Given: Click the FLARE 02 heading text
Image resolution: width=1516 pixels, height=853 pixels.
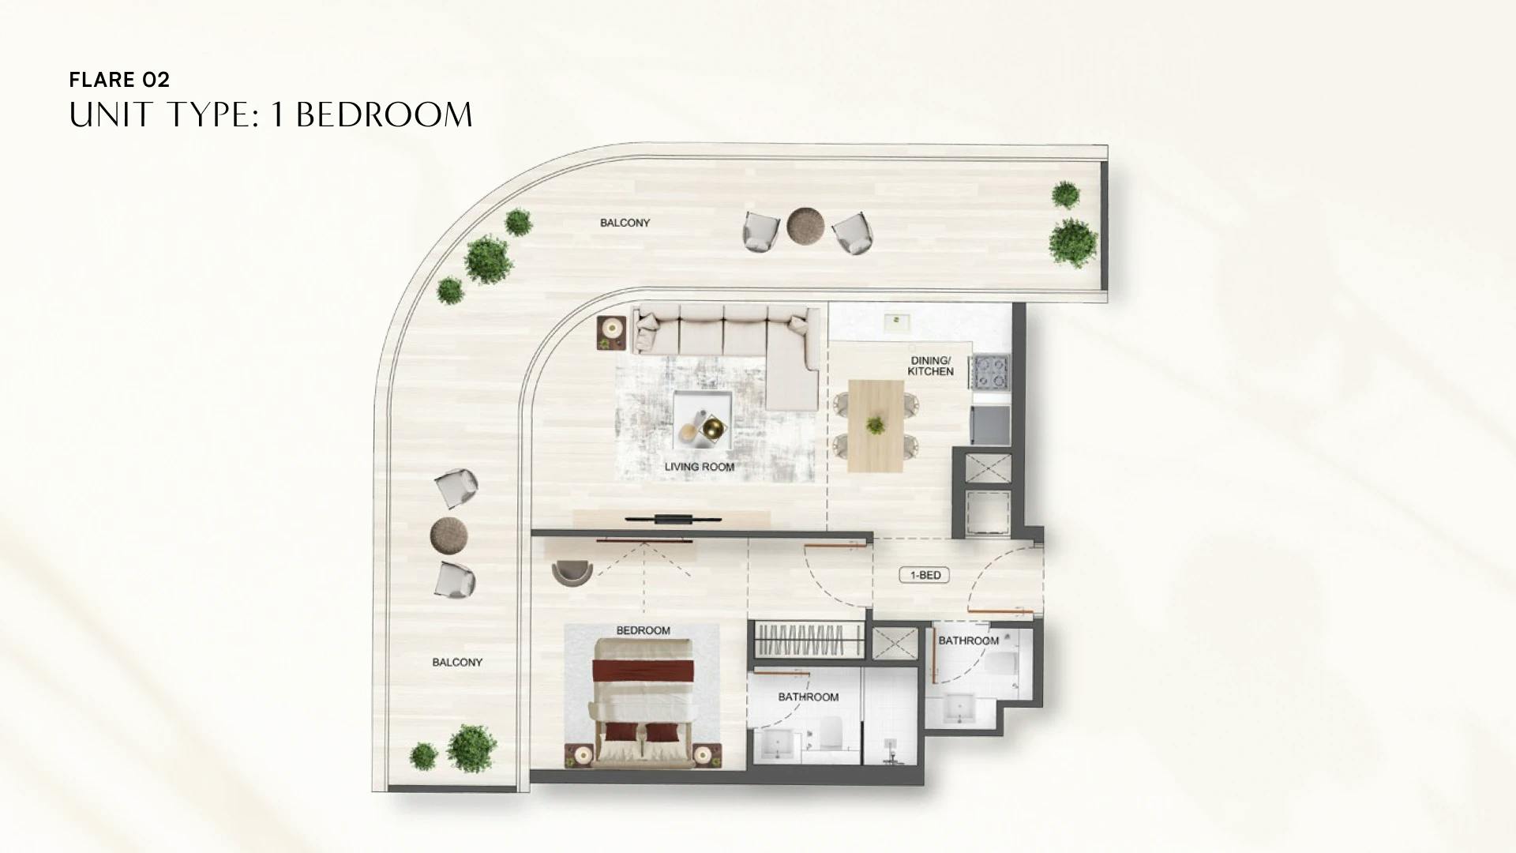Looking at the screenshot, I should click(x=119, y=79).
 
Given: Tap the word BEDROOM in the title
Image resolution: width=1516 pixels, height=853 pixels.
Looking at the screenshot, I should click(x=384, y=115).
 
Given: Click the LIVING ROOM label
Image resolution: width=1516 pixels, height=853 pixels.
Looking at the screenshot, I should click(x=699, y=467).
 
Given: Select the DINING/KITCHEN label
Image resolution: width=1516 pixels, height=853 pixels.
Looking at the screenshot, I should click(x=930, y=366).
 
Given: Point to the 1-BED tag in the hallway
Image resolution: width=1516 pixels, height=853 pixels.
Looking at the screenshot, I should click(x=925, y=575).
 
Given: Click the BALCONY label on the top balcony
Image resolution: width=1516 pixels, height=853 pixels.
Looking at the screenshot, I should click(x=625, y=223).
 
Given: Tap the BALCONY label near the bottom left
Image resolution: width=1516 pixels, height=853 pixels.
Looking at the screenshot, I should click(x=457, y=662).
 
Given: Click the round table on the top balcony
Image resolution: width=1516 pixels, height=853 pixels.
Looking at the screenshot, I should click(x=805, y=226).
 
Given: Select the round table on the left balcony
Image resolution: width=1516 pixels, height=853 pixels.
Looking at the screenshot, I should click(x=448, y=535).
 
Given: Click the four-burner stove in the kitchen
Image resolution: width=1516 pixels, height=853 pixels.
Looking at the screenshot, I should click(x=990, y=371).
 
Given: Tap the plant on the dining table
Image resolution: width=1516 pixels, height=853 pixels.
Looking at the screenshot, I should click(x=875, y=425).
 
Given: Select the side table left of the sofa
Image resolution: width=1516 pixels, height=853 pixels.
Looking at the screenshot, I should click(x=612, y=332).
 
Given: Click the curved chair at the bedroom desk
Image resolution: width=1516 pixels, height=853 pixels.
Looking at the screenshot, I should click(x=572, y=571).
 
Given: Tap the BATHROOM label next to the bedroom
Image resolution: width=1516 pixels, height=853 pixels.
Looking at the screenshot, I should click(x=808, y=697).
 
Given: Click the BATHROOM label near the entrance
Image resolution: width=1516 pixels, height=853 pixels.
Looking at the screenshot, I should click(x=968, y=641).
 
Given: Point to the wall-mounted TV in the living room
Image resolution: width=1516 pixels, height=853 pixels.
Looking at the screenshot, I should click(x=672, y=519).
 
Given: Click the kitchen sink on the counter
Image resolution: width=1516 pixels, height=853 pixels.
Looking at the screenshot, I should click(x=896, y=321).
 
